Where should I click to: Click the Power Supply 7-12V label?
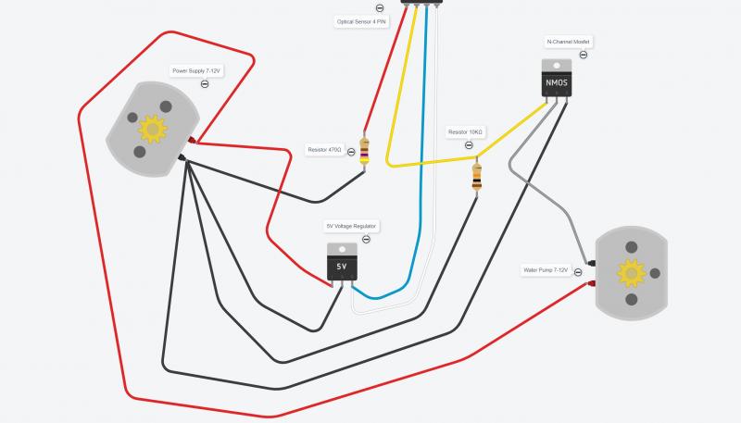[x=197, y=70]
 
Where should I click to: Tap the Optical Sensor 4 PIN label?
[x=360, y=21]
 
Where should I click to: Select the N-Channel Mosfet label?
[x=569, y=43]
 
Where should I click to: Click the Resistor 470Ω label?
[x=325, y=149]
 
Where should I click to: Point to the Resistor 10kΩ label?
[x=465, y=131]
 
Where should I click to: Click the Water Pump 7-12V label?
[x=546, y=270]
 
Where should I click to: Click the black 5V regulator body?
[x=342, y=267]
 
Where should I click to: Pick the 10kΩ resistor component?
[x=476, y=175]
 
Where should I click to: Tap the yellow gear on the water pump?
[x=632, y=271]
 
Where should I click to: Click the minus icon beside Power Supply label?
[x=204, y=84]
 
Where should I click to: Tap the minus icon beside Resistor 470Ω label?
[x=351, y=151]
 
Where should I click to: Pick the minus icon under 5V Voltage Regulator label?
[x=366, y=239]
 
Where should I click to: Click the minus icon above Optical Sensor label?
[x=381, y=8]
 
